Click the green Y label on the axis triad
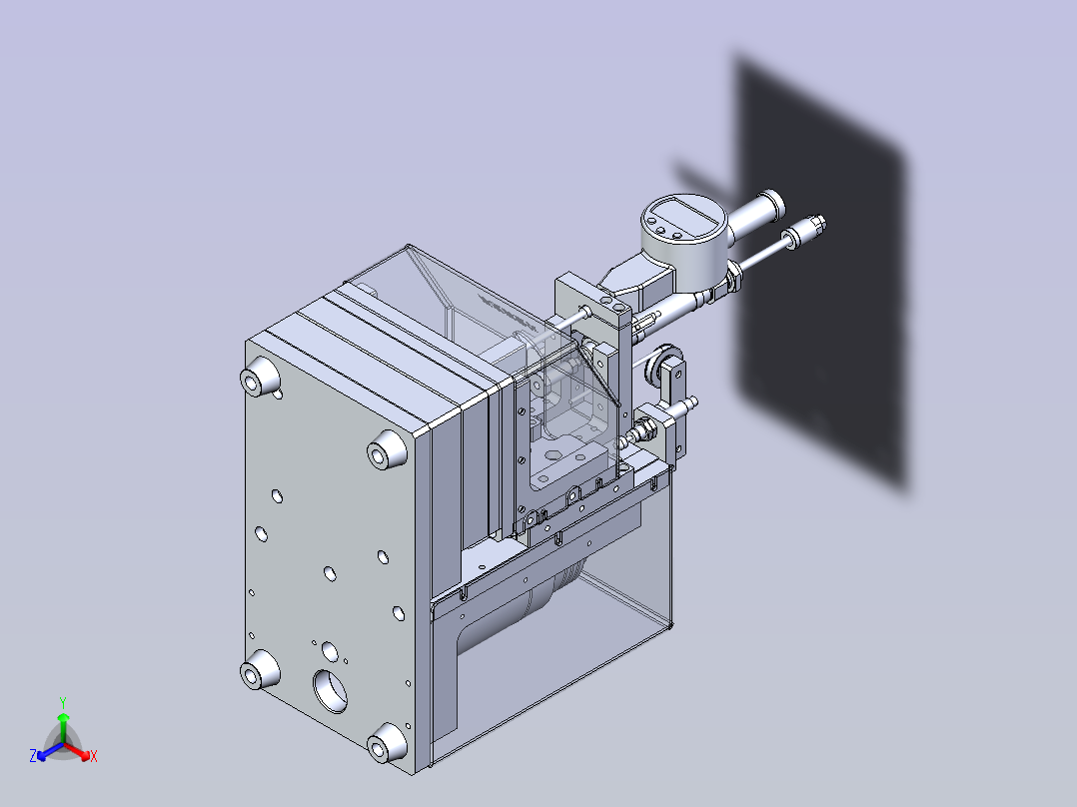63,702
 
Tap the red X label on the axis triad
94,756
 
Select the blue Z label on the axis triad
32,755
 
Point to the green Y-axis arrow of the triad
63,727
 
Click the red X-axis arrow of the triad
77,751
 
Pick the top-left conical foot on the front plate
260,377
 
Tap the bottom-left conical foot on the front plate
260,669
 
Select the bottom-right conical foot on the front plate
386,743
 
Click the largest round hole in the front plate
331,691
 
